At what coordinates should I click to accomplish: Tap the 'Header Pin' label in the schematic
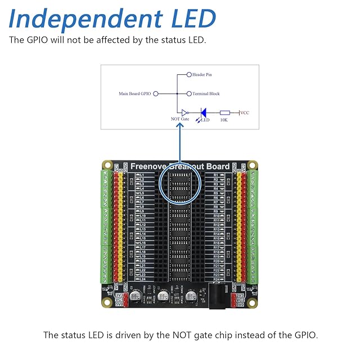[x=201, y=75]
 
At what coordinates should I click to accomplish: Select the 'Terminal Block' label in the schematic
[x=206, y=94]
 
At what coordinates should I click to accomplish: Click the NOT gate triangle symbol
[x=184, y=112]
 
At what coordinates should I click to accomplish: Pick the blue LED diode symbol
[x=205, y=113]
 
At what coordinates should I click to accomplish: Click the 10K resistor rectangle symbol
[x=224, y=112]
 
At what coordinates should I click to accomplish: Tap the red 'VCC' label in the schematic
[x=245, y=112]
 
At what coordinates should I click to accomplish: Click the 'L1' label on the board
[x=141, y=175]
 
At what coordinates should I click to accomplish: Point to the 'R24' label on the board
[x=217, y=279]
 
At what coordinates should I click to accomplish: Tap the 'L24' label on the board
[x=142, y=279]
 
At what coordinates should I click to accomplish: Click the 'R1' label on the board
[x=215, y=175]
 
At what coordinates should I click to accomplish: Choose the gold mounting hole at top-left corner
[x=107, y=165]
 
